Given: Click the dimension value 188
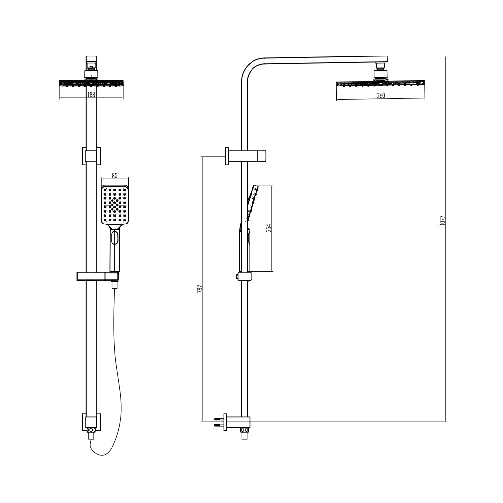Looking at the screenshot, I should [x=91, y=95].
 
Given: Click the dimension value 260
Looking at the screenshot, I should [x=381, y=96].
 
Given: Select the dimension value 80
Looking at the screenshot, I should [x=115, y=175].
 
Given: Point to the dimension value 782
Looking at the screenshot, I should [x=199, y=289].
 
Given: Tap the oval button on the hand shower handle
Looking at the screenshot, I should [x=115, y=239].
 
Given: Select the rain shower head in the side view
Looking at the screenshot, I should [x=381, y=84].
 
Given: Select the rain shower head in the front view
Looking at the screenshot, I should [x=91, y=84].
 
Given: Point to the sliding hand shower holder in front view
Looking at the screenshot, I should [x=98, y=277].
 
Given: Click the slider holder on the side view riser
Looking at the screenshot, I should [x=245, y=277].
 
